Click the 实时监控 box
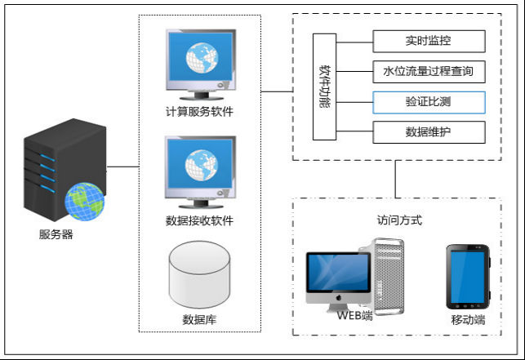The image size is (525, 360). point(429,41)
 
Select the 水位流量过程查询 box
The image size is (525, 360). point(429,72)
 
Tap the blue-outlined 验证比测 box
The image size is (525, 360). point(429,102)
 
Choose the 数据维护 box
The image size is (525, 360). point(429,131)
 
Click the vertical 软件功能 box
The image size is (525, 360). point(324,86)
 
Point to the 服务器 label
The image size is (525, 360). point(56,235)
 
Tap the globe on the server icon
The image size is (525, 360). point(85,200)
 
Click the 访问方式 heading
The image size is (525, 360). point(399,220)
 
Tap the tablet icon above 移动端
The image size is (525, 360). point(468,276)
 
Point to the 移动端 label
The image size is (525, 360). point(468,320)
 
